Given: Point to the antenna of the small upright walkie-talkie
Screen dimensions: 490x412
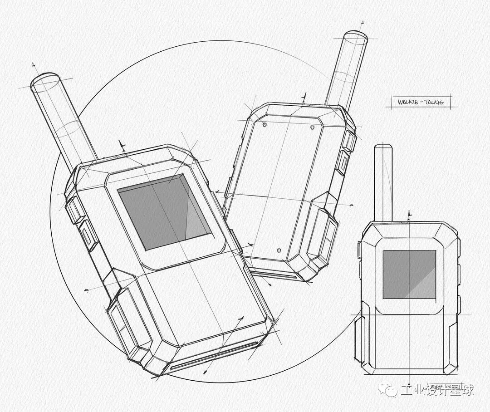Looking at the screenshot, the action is pos(383,181).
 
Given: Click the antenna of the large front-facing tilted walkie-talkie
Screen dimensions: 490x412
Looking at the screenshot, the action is pos(64,123).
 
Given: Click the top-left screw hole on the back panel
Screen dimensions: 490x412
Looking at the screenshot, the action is pos(265,123).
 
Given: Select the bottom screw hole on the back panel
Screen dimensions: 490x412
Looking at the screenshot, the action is pos(279,250).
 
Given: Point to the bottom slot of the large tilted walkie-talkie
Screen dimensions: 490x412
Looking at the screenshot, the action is pos(213,354).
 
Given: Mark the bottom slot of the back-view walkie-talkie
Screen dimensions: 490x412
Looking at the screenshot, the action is pos(276,275).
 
